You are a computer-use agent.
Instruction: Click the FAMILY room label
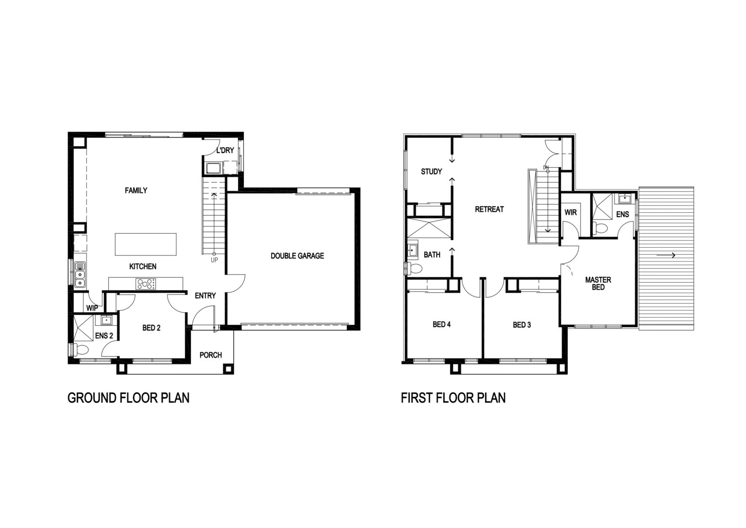pyautogui.click(x=136, y=190)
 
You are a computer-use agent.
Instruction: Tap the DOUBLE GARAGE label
pyautogui.click(x=297, y=256)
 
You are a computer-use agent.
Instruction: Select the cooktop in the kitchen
pyautogui.click(x=146, y=284)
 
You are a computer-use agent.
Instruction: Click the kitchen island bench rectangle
pyautogui.click(x=146, y=244)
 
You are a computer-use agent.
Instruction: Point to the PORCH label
pyautogui.click(x=210, y=355)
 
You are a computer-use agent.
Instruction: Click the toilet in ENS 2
pyautogui.click(x=80, y=350)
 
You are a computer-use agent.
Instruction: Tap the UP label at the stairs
pyautogui.click(x=214, y=260)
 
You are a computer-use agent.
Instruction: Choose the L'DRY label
pyautogui.click(x=225, y=151)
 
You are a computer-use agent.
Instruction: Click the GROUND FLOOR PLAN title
pyautogui.click(x=129, y=398)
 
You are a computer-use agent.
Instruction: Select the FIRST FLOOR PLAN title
pyautogui.click(x=453, y=398)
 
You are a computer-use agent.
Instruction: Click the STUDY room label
pyautogui.click(x=431, y=171)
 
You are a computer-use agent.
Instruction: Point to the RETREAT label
pyautogui.click(x=489, y=209)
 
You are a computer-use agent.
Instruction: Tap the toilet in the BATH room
pyautogui.click(x=414, y=268)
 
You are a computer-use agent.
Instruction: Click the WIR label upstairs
pyautogui.click(x=571, y=212)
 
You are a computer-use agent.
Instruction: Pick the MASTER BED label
pyautogui.click(x=598, y=284)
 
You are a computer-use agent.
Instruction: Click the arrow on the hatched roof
pyautogui.click(x=666, y=255)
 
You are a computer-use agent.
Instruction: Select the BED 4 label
pyautogui.click(x=441, y=324)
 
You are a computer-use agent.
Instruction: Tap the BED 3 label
pyautogui.click(x=522, y=325)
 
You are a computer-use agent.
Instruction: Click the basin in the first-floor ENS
pyautogui.click(x=625, y=199)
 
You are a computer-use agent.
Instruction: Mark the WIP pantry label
pyautogui.click(x=92, y=308)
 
